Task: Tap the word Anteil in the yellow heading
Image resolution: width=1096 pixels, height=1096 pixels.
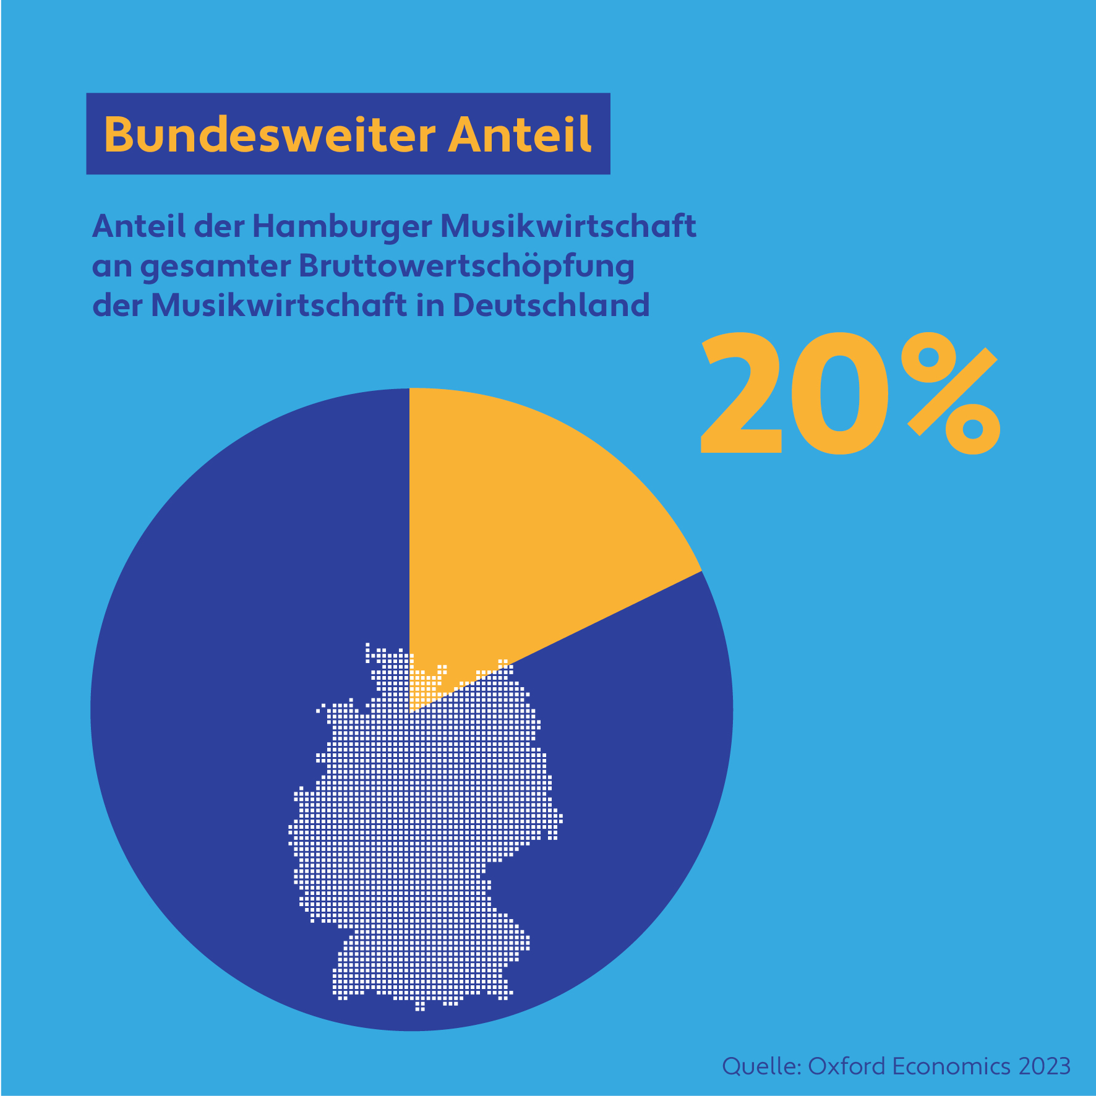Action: [x=520, y=134]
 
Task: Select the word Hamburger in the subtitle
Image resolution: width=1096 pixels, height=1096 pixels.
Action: [x=341, y=226]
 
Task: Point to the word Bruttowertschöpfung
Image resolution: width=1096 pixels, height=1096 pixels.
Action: [x=467, y=267]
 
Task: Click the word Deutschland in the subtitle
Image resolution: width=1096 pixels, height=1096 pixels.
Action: [x=551, y=305]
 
